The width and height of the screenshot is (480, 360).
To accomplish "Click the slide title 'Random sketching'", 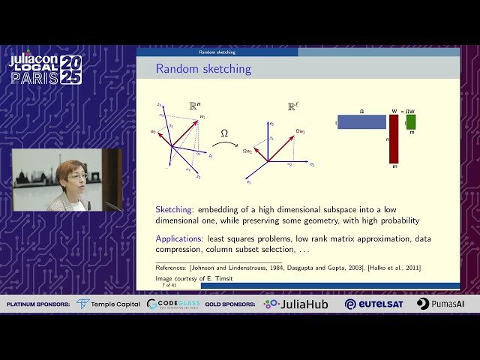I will [203, 69].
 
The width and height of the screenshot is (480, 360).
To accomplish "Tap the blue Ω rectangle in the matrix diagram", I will [361, 121].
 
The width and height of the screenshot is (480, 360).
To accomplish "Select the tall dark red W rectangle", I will [394, 139].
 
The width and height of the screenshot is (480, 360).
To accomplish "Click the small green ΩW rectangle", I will [411, 121].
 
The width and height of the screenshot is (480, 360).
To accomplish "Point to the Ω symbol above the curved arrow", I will [223, 133].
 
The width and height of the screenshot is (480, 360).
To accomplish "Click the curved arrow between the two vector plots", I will [223, 145].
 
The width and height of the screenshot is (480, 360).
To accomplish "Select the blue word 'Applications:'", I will [180, 238].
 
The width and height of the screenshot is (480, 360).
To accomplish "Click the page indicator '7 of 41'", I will [169, 285].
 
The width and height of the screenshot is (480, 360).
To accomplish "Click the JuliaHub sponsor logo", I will [295, 304].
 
